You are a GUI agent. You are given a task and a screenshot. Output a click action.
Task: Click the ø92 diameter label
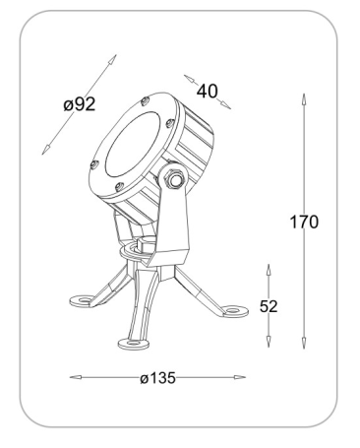80,104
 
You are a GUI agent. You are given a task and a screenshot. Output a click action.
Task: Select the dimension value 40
207,92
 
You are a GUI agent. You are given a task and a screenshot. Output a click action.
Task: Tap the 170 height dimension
304,222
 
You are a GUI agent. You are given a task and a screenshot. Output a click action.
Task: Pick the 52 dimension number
269,306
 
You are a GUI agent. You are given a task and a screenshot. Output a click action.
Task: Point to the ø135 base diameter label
158,378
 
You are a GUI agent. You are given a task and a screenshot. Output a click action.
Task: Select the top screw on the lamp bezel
145,101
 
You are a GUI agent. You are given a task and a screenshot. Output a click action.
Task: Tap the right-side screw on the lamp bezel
169,123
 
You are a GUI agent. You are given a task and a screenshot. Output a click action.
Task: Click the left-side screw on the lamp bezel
94,164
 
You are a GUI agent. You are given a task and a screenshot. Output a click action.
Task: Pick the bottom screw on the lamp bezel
119,187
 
